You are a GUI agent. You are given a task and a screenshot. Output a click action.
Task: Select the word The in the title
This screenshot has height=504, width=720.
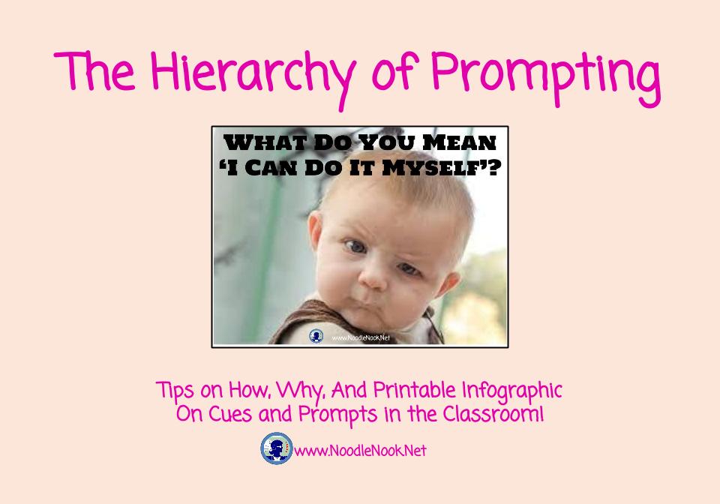[x=94, y=70]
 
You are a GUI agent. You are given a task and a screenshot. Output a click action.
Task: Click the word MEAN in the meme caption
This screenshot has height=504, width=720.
[x=459, y=142]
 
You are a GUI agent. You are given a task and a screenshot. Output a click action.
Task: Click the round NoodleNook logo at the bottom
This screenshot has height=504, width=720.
[x=277, y=448]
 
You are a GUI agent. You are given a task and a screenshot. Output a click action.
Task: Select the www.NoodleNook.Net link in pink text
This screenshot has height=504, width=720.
[x=360, y=451]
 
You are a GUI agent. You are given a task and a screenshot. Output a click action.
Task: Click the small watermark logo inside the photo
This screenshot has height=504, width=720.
[x=316, y=336]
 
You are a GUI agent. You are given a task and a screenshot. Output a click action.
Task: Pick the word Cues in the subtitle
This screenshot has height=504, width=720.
[x=230, y=415]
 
